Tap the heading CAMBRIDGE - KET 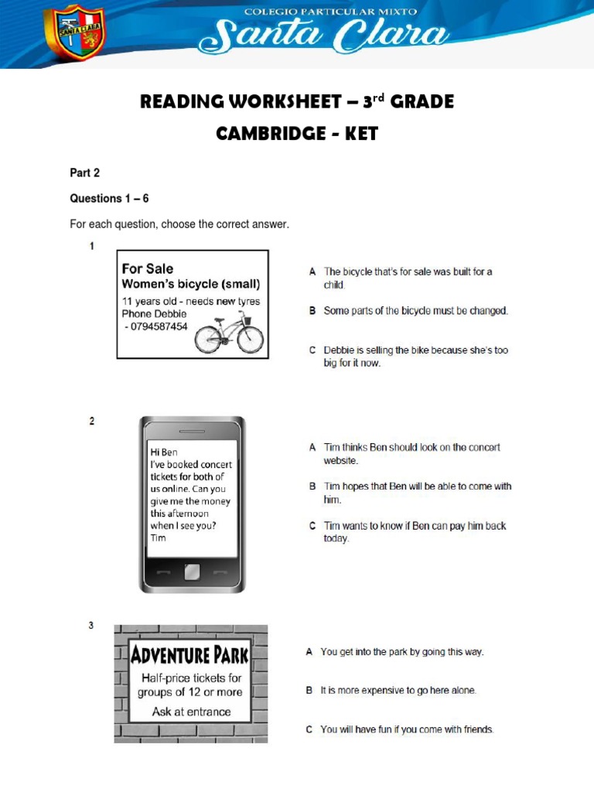[x=296, y=133]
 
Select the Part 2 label [x=85, y=173]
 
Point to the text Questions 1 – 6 [x=109, y=199]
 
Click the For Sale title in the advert [x=148, y=268]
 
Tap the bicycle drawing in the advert [x=229, y=333]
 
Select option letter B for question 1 [x=312, y=311]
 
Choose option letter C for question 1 [x=312, y=350]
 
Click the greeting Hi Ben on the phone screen [x=164, y=452]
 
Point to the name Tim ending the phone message [x=158, y=538]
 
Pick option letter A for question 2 [x=312, y=447]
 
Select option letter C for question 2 [x=312, y=526]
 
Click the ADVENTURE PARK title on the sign [x=190, y=656]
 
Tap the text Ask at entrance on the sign [x=191, y=712]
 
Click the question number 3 [x=91, y=626]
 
